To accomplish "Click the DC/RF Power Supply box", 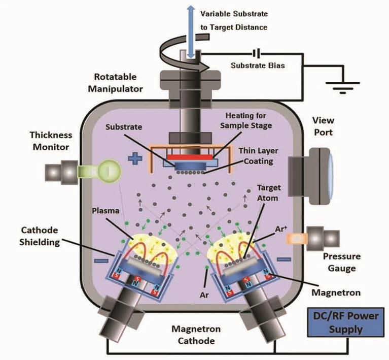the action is click(345, 322).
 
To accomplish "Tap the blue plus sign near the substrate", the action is click(135, 158).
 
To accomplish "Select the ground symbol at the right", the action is click(343, 87).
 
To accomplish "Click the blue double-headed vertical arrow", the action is click(191, 31).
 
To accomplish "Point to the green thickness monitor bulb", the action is click(110, 171).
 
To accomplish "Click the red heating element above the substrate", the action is click(190, 157).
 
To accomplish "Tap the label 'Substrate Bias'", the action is click(258, 66).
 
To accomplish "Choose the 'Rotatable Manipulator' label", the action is click(115, 83).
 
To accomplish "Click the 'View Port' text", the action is click(323, 126).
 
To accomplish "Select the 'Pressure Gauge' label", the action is click(342, 262).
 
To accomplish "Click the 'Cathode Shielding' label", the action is click(40, 236).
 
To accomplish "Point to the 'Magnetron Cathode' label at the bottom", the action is click(196, 335).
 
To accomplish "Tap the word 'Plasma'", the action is click(105, 211).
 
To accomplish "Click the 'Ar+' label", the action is click(281, 229).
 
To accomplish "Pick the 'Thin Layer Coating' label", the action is click(259, 156).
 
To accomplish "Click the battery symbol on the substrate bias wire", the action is click(257, 53).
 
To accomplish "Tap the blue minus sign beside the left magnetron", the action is click(101, 261).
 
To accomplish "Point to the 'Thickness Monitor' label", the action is click(51, 141).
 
